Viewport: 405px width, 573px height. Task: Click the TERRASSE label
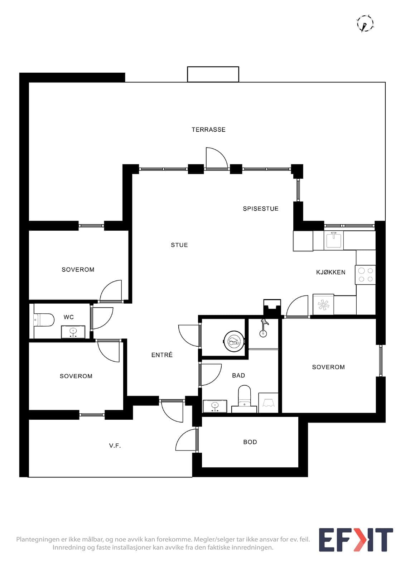pos(208,130)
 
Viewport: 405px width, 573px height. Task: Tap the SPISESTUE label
pos(260,209)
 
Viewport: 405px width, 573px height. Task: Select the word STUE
pos(179,245)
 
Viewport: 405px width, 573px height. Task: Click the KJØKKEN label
pos(331,272)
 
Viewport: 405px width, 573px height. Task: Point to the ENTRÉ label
pos(162,355)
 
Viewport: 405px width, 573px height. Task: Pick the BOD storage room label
pos(250,442)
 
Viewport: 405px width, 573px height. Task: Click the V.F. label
pos(115,446)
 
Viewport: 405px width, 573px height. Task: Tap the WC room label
pos(68,317)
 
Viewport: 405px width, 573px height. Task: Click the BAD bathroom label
pos(238,376)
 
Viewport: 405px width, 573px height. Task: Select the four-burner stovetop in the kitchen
pos(365,275)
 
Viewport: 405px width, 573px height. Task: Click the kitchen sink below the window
pos(334,240)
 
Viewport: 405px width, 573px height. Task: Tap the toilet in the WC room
pos(44,320)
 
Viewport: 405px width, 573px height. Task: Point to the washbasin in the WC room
pos(73,332)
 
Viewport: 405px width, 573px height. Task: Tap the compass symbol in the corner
pos(365,24)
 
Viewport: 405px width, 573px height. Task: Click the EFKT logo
pos(356,540)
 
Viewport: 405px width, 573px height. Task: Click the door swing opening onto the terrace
pos(217,158)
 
